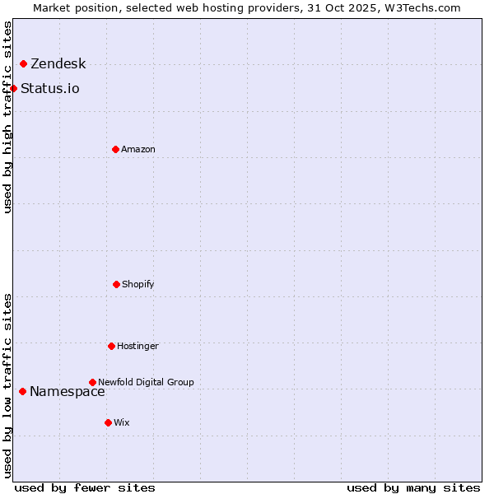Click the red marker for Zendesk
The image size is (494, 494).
tap(23, 63)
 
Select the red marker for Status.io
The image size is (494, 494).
tap(13, 88)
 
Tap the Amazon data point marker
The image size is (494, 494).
tap(115, 149)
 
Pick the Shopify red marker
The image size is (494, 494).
tap(116, 284)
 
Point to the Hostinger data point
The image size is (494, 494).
tap(111, 346)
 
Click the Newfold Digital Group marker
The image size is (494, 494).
tap(92, 382)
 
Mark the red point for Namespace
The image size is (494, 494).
tap(22, 391)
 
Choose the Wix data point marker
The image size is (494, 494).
tap(108, 422)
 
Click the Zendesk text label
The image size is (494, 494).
tap(58, 64)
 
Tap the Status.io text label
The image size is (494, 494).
tap(49, 89)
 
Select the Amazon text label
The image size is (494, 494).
tap(137, 150)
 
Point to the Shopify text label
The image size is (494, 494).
tap(137, 285)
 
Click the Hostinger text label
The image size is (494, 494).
tap(137, 347)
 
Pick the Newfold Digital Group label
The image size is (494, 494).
tap(146, 382)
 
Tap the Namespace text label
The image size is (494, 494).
tap(67, 392)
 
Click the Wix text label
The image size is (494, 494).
tap(121, 423)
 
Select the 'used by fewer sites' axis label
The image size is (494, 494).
tap(85, 487)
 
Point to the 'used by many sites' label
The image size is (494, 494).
tap(413, 487)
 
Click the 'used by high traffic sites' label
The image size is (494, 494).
tap(7, 117)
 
